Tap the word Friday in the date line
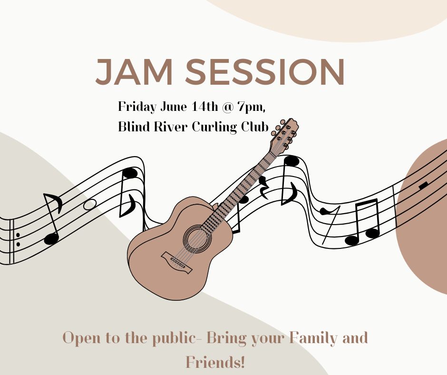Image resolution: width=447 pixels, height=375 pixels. tap(136, 107)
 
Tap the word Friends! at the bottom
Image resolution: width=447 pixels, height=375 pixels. tap(215, 362)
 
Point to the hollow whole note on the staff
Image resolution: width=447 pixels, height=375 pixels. tap(89, 204)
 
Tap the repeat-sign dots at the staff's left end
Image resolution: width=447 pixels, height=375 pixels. tap(18, 239)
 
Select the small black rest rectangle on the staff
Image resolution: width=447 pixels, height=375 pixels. tap(423, 185)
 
